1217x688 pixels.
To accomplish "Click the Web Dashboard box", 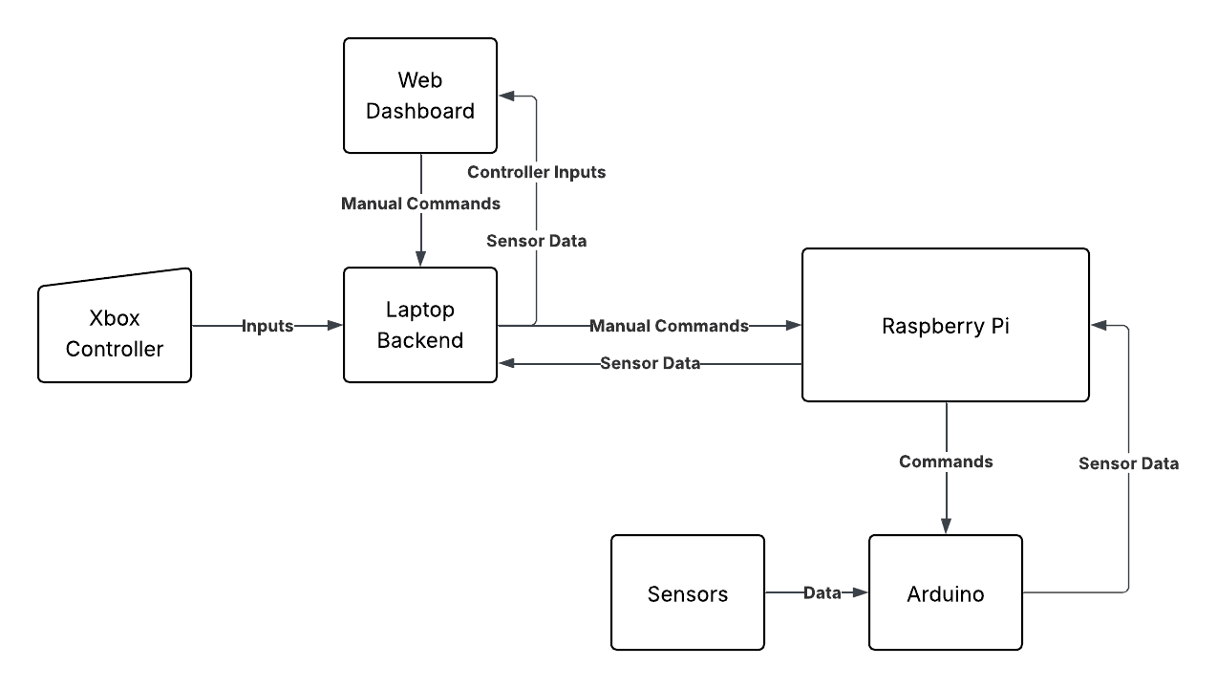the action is pyautogui.click(x=420, y=96).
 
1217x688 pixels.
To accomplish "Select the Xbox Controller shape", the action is pyautogui.click(x=115, y=326).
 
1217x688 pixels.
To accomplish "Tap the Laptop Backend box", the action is pyautogui.click(x=420, y=325).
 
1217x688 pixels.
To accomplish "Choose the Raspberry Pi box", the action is pyautogui.click(x=946, y=325).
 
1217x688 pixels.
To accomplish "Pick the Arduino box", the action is pyautogui.click(x=946, y=592).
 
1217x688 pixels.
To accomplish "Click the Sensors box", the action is pyautogui.click(x=687, y=592).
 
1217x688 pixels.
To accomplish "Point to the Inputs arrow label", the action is pyautogui.click(x=267, y=326).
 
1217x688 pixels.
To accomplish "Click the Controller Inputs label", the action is pyautogui.click(x=536, y=172).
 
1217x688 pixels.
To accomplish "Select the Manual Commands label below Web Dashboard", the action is pyautogui.click(x=420, y=204).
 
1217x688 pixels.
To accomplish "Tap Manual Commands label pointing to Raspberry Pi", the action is pyautogui.click(x=670, y=326).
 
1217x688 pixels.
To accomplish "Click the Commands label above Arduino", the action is pyautogui.click(x=946, y=462).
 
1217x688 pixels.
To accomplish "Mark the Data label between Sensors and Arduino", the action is pyautogui.click(x=822, y=592).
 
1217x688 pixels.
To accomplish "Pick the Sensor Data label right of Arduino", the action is pyautogui.click(x=1128, y=463).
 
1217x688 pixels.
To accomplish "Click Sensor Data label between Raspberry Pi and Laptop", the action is pyautogui.click(x=650, y=363).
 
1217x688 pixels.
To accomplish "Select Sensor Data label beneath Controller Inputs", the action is pyautogui.click(x=536, y=241).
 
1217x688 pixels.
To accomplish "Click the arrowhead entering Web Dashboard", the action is pyautogui.click(x=507, y=97).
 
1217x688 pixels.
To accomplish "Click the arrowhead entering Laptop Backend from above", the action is pyautogui.click(x=420, y=259).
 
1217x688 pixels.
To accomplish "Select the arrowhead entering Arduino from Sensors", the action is pyautogui.click(x=860, y=592).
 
